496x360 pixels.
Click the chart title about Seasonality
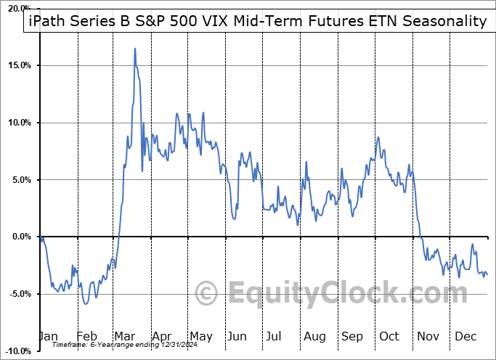click(x=257, y=21)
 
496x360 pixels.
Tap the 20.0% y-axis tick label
click(x=20, y=9)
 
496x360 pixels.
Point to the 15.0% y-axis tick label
click(x=20, y=66)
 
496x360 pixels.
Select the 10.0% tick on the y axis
click(x=20, y=123)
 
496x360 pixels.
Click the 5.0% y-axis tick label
click(x=22, y=180)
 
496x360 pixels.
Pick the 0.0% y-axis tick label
click(x=22, y=237)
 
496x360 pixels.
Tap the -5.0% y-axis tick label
click(x=21, y=294)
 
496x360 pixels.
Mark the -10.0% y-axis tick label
click(x=20, y=351)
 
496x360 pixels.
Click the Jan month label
click(x=47, y=336)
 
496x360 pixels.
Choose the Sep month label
click(x=351, y=336)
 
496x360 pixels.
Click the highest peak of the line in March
click(x=135, y=49)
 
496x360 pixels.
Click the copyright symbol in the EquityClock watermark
click(x=208, y=293)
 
